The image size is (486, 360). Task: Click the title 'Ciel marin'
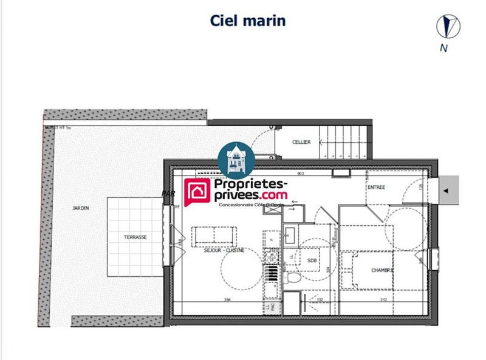coord(247,20)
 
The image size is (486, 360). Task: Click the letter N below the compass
coord(445,49)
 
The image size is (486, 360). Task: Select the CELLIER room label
coord(301,142)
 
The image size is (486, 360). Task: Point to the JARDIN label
coord(80,208)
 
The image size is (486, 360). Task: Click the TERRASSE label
coord(135,237)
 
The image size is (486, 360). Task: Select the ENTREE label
coord(377,188)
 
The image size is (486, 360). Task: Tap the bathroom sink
coord(290,234)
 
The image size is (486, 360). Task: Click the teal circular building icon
coord(236,160)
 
